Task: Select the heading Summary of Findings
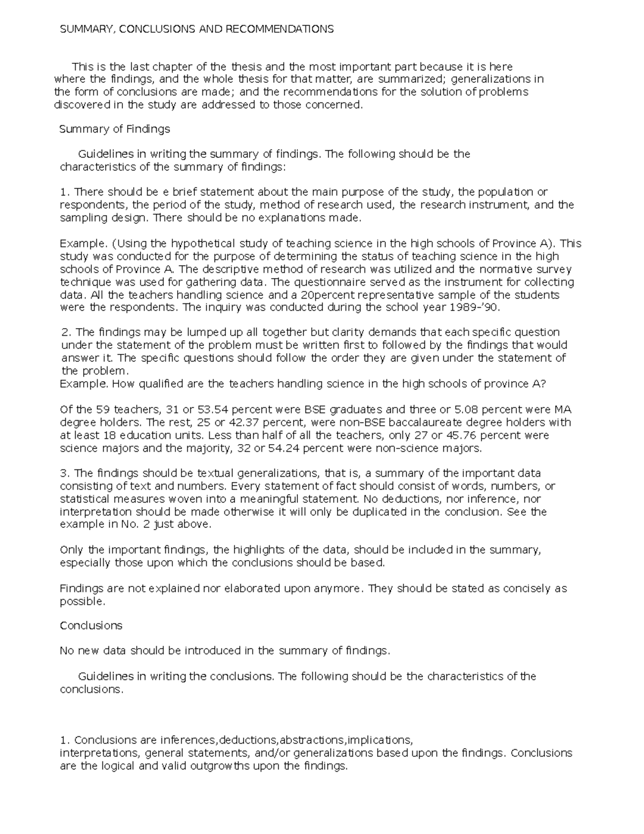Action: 114,129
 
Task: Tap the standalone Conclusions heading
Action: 91,626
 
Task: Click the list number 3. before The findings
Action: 65,473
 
